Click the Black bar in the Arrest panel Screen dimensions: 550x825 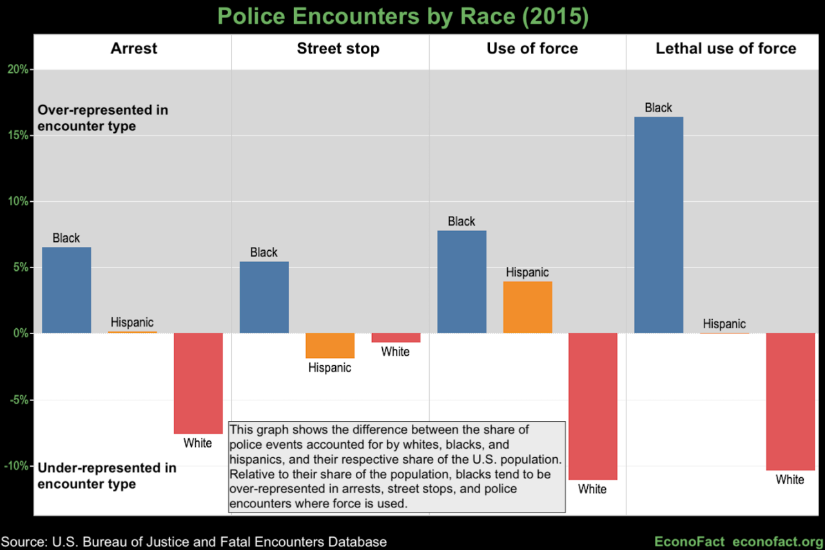66,290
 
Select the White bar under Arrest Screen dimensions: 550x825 198,383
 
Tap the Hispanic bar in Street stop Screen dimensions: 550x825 329,346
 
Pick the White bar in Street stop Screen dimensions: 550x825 396,338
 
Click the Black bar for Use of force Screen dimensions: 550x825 461,282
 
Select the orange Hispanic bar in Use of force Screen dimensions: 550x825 527,308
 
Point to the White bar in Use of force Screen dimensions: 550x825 592,406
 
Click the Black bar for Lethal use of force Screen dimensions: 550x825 658,225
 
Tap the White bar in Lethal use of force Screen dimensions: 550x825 790,402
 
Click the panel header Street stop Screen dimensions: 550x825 338,49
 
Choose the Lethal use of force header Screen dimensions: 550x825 726,49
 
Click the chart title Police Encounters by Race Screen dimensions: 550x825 403,17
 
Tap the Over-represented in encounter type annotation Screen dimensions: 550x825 102,118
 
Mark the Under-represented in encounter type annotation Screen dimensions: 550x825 106,476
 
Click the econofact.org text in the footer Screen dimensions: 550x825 778,541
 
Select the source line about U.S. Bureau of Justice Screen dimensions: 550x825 194,541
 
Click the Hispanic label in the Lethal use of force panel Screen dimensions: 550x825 724,324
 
